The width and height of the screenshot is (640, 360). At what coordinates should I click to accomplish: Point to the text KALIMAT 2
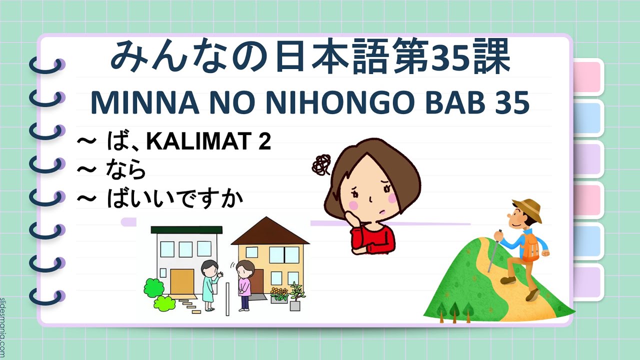(x=209, y=143)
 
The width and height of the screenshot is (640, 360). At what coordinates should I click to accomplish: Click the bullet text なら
(x=126, y=171)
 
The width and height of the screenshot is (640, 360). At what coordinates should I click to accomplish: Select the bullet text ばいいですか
(x=175, y=199)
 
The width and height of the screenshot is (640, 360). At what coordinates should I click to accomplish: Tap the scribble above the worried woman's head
(x=320, y=163)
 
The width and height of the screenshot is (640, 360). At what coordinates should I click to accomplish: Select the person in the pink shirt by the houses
(x=245, y=285)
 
